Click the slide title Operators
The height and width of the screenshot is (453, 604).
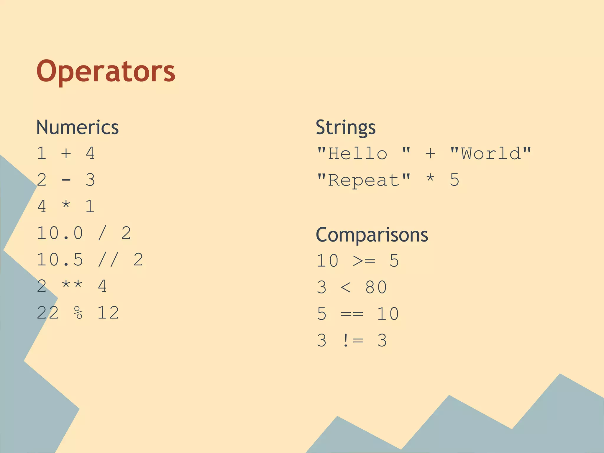pos(106,71)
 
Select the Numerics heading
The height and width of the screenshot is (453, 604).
pos(77,127)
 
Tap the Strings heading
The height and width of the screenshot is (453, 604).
pos(346,127)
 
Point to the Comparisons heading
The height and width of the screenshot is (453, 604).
pos(372,235)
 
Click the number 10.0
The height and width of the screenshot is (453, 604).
pos(60,233)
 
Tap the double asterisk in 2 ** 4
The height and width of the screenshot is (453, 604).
pos(72,285)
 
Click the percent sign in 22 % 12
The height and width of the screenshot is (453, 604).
pos(78,313)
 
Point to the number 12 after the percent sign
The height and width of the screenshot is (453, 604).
pos(108,313)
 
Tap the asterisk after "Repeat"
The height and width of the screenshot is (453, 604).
pos(430,179)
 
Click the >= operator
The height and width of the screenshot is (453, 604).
pos(364,261)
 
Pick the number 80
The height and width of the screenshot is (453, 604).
pos(376,287)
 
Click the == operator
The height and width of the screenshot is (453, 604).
pos(352,314)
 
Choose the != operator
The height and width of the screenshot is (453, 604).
pos(353,340)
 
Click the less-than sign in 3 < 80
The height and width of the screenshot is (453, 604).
pos(346,287)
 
